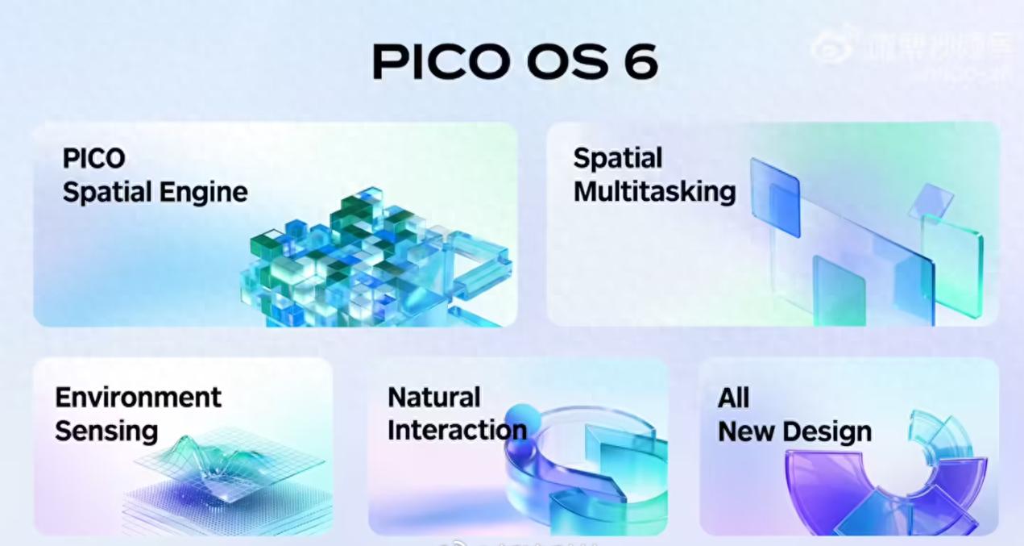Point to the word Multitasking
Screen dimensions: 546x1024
[654, 192]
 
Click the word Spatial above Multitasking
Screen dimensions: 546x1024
[617, 158]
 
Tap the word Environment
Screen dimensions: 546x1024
[138, 397]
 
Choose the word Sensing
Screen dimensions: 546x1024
[106, 430]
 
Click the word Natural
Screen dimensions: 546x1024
[433, 397]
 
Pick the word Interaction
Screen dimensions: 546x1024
[457, 430]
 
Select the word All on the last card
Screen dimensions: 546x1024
[733, 398]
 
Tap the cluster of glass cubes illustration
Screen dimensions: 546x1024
[363, 258]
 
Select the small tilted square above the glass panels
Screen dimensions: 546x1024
[931, 199]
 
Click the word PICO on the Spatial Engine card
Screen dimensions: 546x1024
[93, 158]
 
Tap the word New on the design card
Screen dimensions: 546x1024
[744, 431]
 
